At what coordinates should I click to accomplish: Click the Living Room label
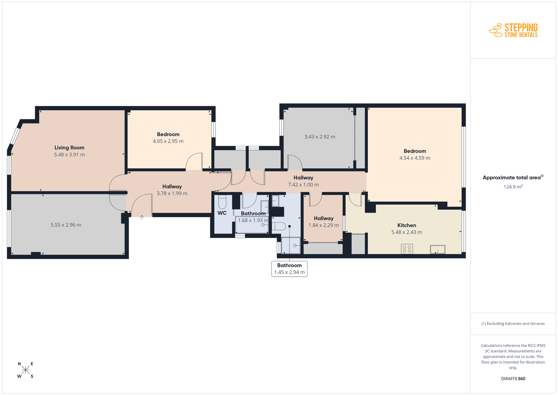click(x=69, y=148)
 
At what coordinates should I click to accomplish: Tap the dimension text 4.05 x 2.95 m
click(x=168, y=141)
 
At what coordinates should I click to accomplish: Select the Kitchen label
click(x=407, y=225)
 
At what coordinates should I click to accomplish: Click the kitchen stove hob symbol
click(x=407, y=249)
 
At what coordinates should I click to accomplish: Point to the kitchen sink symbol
click(x=437, y=249)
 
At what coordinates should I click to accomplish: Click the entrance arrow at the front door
click(x=142, y=217)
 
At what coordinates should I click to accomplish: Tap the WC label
click(x=222, y=213)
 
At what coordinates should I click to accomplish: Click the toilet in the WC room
click(x=222, y=202)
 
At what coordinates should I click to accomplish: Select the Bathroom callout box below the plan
click(x=289, y=269)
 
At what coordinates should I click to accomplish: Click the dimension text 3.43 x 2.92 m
click(x=319, y=136)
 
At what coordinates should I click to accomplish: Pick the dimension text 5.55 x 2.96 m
click(x=66, y=225)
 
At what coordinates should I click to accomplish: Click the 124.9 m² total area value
click(x=513, y=187)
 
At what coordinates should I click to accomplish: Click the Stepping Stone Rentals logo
click(x=513, y=30)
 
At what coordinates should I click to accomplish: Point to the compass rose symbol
click(x=26, y=370)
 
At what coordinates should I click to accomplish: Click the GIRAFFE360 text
click(x=513, y=379)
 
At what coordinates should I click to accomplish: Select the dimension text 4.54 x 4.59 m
click(x=415, y=158)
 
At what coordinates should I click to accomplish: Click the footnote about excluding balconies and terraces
click(x=513, y=323)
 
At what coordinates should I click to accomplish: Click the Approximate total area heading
click(x=513, y=178)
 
